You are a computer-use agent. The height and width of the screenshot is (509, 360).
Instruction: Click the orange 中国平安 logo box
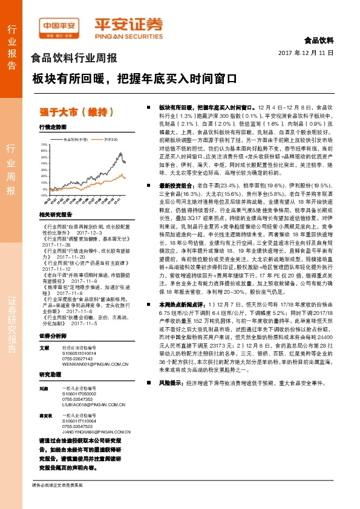pos(59,26)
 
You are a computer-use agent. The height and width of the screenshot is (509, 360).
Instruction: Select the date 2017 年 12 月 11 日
pos(306,53)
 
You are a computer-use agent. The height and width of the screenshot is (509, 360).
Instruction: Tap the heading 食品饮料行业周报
pos(74,59)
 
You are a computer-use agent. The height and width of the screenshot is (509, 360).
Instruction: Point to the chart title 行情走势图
pos(52,128)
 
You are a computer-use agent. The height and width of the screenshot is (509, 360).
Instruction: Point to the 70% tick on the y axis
pos(45,145)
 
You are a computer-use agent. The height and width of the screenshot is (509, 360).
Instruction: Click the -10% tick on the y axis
pos(44,199)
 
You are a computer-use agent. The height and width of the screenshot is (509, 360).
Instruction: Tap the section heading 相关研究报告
pos(55,214)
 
